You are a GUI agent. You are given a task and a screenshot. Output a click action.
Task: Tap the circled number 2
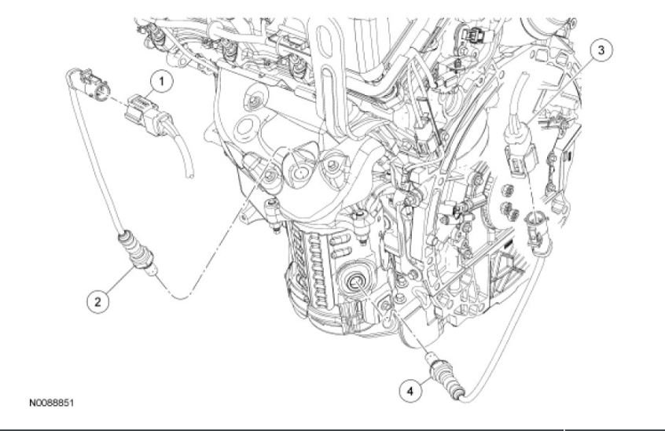pos(97,299)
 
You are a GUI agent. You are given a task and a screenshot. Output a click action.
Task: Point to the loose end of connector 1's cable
pos(189,175)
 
